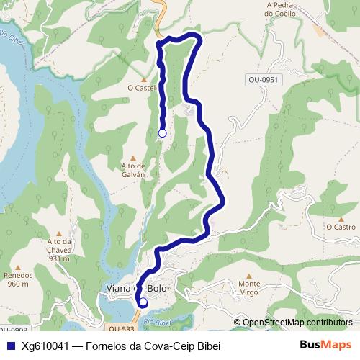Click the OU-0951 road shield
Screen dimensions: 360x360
click(261, 80)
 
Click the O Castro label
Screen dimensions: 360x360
click(341, 227)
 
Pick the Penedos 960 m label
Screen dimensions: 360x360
click(19, 279)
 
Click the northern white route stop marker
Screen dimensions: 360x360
click(162, 133)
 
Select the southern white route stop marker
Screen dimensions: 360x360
click(143, 302)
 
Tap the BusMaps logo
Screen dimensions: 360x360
click(325, 345)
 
